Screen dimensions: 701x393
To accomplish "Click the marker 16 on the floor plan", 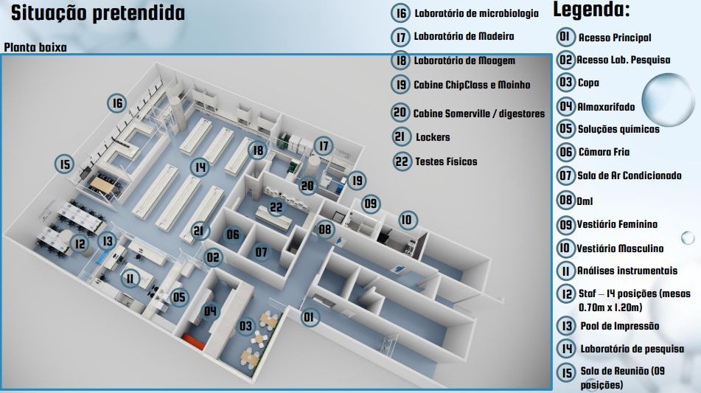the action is [116, 103].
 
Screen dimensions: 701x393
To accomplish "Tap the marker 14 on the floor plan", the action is [198, 167].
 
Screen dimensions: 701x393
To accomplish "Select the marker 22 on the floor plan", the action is [276, 207].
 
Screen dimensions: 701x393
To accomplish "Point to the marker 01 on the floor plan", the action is [310, 318].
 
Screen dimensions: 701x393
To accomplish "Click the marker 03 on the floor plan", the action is [245, 325].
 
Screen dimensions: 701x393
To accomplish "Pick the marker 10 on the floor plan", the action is [407, 220].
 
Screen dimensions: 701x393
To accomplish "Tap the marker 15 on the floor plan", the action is [66, 164].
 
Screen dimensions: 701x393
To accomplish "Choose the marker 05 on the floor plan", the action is [179, 298].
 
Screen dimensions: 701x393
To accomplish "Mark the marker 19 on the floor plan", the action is [358, 180].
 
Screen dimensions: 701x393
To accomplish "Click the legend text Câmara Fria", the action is [604, 152].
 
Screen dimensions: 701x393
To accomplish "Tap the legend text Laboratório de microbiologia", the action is [476, 13].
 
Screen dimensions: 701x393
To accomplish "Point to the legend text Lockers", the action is [433, 137].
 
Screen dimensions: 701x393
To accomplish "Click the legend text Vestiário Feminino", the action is [618, 224].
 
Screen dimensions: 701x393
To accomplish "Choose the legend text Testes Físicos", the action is [446, 161].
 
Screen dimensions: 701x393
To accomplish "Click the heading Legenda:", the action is [591, 10].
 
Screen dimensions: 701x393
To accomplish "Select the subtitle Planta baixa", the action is [35, 48].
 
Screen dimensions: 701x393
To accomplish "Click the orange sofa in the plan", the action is [196, 340].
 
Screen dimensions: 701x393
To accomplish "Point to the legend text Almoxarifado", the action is [606, 107].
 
